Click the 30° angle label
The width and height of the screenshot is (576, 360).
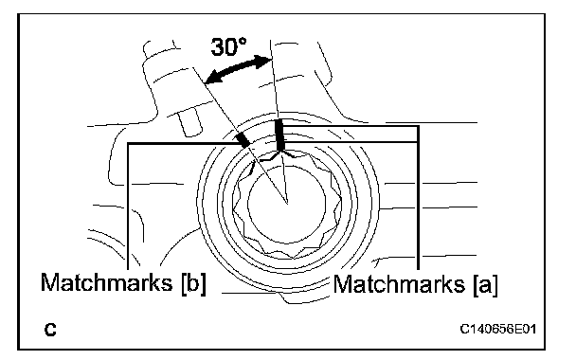[x=228, y=47]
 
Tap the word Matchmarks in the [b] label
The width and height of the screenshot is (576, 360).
[x=106, y=282]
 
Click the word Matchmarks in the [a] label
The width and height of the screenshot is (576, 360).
[x=399, y=284]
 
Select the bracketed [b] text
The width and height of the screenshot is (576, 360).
[x=193, y=283]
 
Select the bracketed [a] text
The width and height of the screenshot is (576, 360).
[x=486, y=285]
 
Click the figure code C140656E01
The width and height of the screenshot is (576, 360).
[x=498, y=329]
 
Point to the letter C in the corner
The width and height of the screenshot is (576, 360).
[x=50, y=330]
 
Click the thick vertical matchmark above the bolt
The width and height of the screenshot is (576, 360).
[x=279, y=135]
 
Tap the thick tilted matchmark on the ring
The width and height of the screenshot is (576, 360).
[x=243, y=140]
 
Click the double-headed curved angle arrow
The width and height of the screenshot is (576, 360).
[x=237, y=69]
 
